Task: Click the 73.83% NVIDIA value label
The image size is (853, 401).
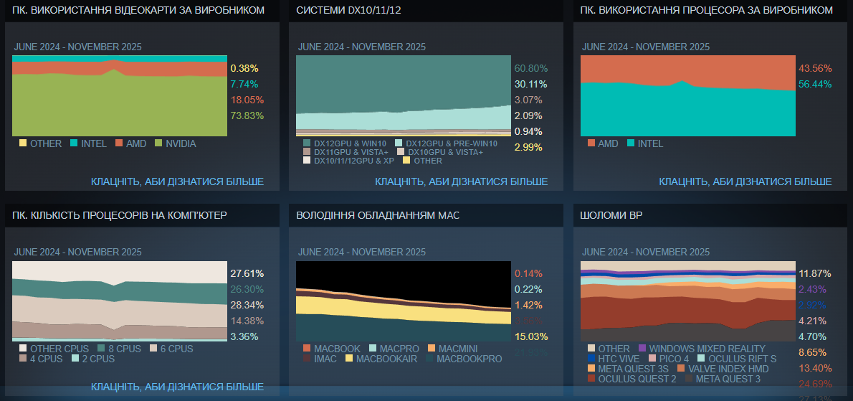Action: point(247,115)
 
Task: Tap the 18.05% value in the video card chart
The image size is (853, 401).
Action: point(247,100)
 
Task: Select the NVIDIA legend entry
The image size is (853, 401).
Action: point(180,143)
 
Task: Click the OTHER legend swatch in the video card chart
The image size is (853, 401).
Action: point(23,143)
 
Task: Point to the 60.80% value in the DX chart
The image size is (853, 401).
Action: point(530,68)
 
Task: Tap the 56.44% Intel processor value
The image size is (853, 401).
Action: point(814,84)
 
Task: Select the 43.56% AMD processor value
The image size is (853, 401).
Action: point(814,68)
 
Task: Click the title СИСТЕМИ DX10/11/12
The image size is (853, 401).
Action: point(349,10)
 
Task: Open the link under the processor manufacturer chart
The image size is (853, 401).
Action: point(745,181)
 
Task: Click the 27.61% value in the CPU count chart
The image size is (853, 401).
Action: point(247,273)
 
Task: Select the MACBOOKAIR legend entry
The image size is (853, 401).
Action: point(386,359)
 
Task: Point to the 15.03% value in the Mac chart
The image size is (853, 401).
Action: point(530,336)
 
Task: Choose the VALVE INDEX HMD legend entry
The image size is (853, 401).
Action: point(728,369)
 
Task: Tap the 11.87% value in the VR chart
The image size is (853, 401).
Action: point(814,273)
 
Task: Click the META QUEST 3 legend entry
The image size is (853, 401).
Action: point(728,379)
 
